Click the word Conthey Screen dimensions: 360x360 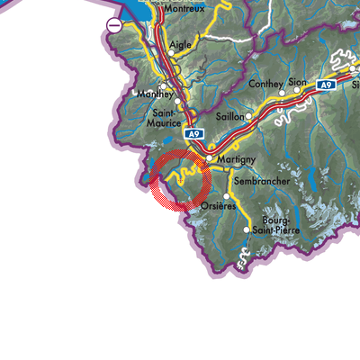262,82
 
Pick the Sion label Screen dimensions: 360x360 297,81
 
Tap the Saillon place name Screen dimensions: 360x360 229,118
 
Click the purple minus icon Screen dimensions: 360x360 114,26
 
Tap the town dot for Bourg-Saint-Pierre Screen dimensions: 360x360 247,230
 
